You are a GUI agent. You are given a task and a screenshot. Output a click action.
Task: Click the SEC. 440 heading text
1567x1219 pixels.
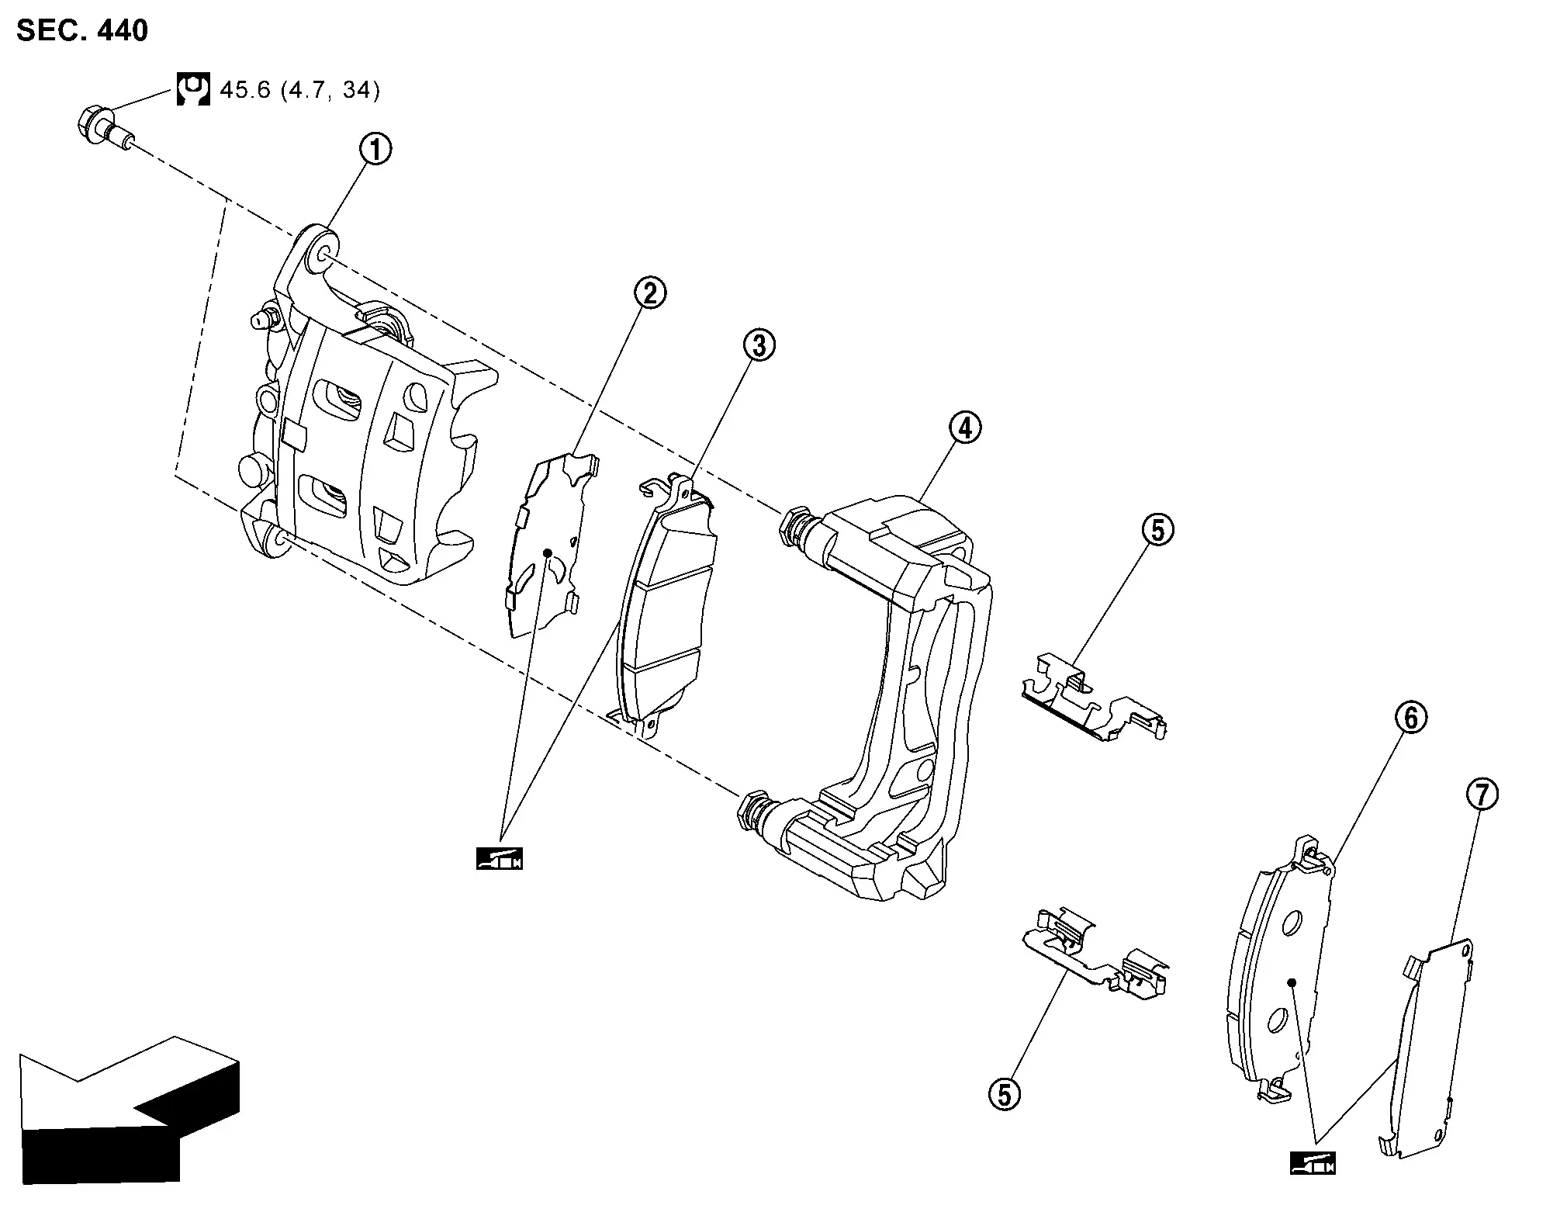click(82, 30)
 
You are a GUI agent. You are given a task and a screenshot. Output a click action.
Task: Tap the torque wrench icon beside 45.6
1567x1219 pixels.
click(193, 89)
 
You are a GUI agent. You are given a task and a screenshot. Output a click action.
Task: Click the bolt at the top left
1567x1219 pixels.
click(106, 130)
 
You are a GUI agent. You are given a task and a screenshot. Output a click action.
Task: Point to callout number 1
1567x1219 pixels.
click(375, 149)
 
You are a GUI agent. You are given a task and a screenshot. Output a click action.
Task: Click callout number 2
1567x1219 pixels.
click(649, 293)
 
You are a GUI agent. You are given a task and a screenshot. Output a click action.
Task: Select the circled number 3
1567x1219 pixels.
click(759, 345)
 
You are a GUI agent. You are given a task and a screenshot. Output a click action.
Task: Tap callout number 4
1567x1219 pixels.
click(964, 428)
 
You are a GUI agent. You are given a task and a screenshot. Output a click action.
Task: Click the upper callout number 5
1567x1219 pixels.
click(1157, 531)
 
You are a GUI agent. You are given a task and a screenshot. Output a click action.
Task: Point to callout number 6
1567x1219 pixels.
click(1410, 718)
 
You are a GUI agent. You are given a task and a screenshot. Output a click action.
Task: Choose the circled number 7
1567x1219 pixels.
click(1482, 795)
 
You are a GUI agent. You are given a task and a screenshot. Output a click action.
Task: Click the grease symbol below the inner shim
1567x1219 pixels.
click(500, 859)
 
